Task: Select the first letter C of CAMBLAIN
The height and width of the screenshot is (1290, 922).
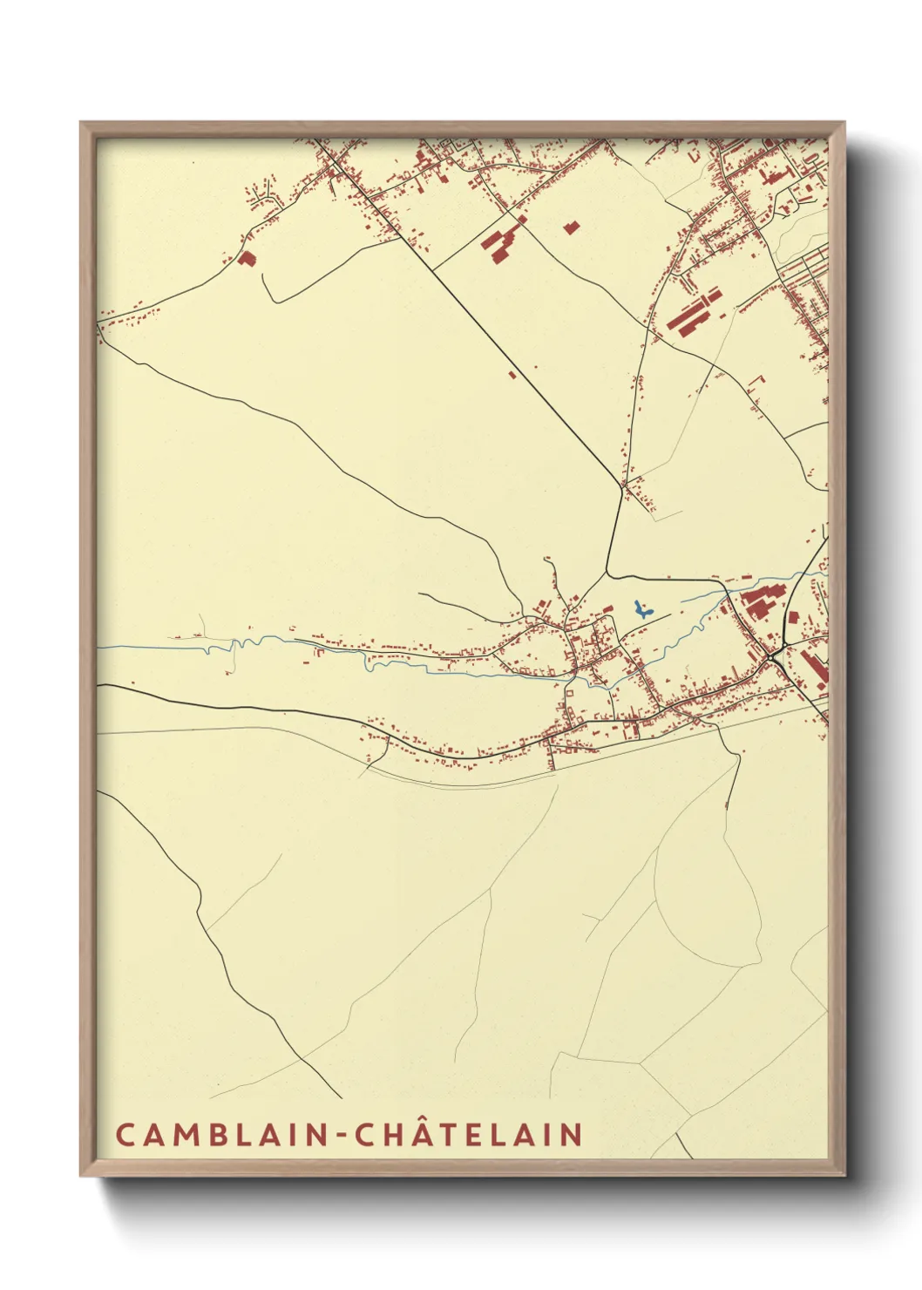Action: (x=125, y=1135)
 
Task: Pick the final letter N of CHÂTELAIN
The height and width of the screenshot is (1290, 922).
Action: (x=572, y=1135)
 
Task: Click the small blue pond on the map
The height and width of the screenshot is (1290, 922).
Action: (x=641, y=609)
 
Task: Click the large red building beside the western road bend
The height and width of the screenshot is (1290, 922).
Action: (x=247, y=258)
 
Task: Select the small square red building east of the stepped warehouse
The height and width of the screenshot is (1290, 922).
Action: (x=572, y=227)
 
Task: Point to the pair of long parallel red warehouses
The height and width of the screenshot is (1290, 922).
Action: (x=694, y=312)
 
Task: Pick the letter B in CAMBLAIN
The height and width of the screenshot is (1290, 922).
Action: (x=209, y=1135)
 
